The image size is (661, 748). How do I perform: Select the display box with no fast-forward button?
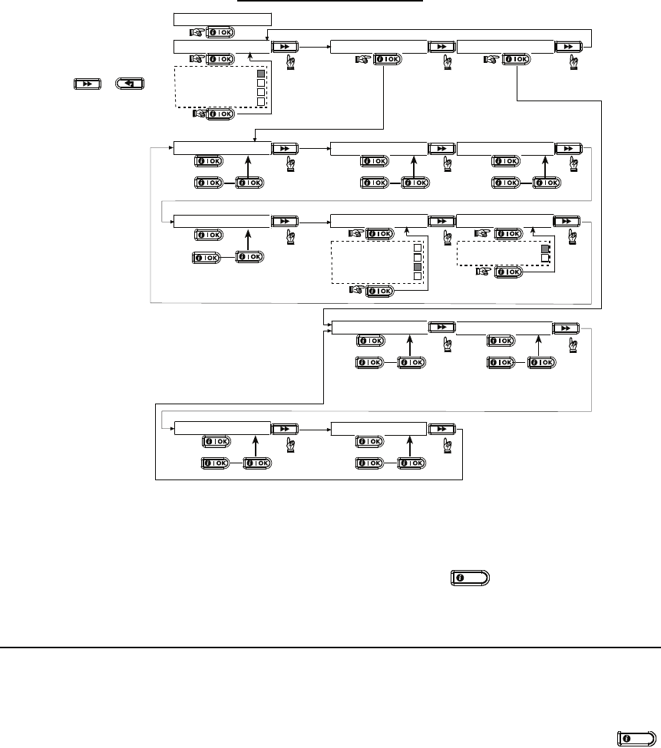222,18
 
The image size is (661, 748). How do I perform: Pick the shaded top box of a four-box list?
261,74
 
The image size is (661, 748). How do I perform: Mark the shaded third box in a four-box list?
418,266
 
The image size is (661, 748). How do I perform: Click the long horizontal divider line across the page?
330,647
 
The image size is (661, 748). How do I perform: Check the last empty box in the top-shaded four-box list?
261,101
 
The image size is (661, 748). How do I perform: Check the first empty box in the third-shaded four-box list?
418,248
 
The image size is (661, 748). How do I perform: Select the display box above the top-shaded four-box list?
222,48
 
